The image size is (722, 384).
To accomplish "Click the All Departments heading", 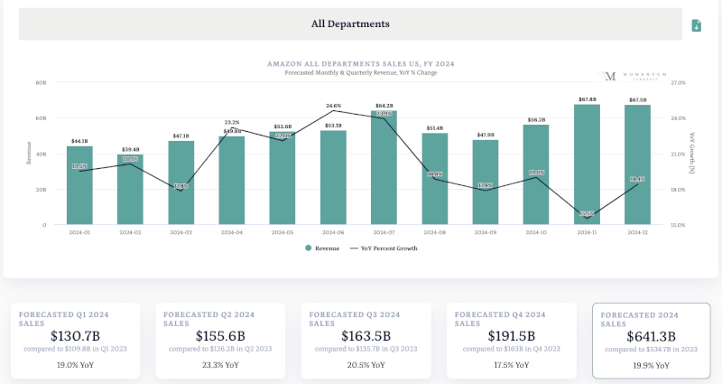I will coord(350,24).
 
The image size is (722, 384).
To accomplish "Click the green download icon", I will coord(697,25).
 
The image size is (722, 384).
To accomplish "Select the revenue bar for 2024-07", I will coord(384,168).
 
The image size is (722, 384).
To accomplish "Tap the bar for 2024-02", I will coord(130,190).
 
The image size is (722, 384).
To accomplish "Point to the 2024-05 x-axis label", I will coord(282,232).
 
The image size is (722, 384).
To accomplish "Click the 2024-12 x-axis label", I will coord(637,232).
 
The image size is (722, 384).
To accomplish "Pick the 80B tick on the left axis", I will coord(41,82).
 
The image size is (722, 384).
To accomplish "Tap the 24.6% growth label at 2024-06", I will coord(334,106).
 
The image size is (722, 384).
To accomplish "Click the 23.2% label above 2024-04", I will coord(232,122).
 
